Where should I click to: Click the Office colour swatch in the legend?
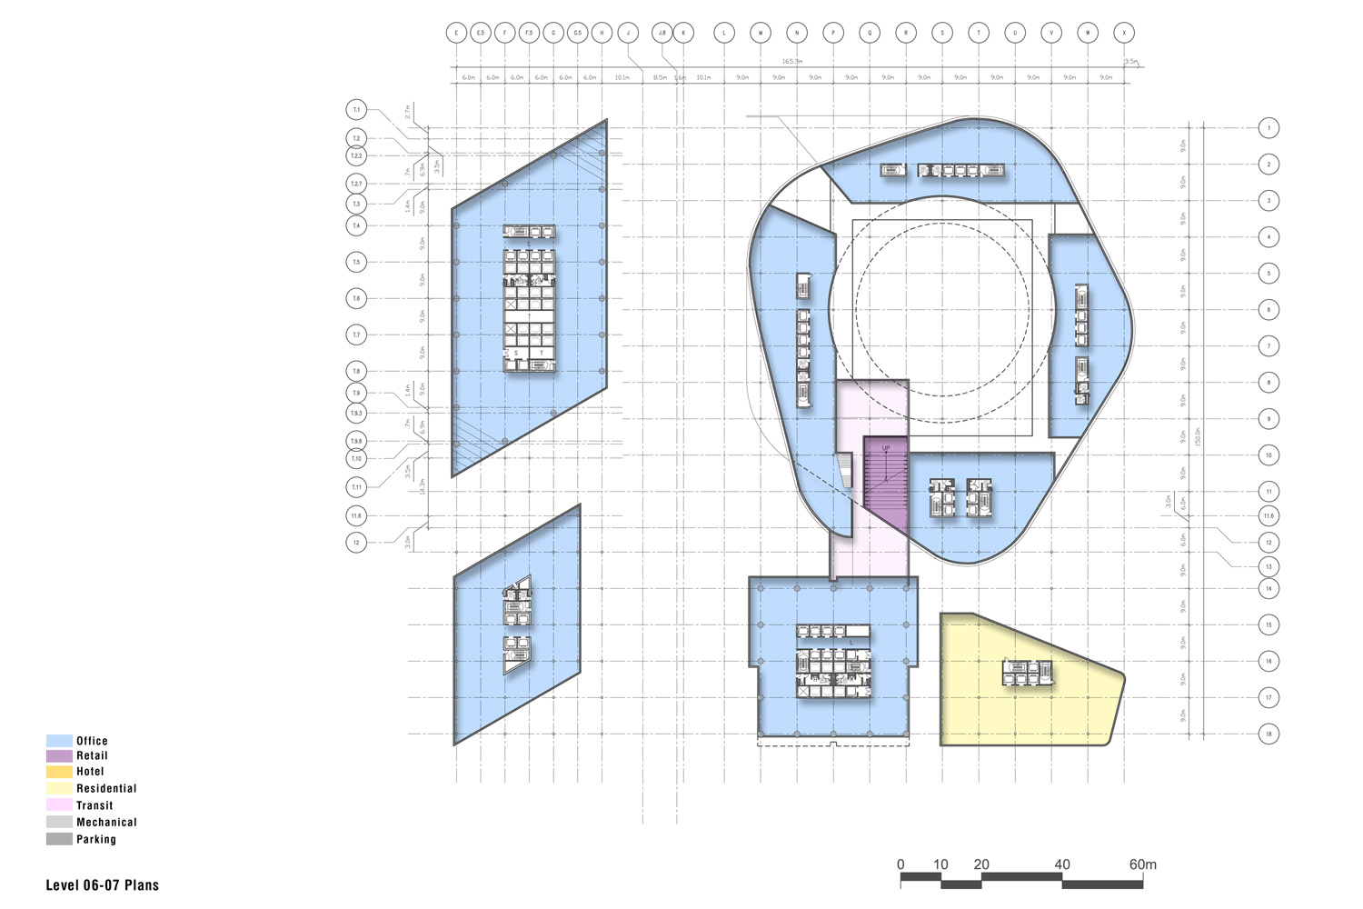click(x=59, y=741)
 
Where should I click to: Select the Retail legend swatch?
click(x=59, y=756)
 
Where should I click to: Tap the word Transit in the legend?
click(x=95, y=805)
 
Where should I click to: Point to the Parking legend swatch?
click(x=59, y=839)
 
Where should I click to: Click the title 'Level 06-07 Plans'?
click(x=102, y=884)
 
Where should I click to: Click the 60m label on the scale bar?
click(x=1142, y=864)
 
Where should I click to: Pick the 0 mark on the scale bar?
click(x=900, y=864)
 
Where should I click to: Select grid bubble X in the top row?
click(x=1125, y=33)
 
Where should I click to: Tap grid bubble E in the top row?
click(x=456, y=33)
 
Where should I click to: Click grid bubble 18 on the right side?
click(x=1269, y=734)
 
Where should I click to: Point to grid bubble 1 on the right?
click(x=1269, y=128)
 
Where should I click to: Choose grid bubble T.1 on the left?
click(x=356, y=110)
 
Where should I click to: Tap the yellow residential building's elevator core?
click(x=1028, y=673)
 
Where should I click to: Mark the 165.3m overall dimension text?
click(x=792, y=61)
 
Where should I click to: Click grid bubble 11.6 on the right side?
click(x=1269, y=515)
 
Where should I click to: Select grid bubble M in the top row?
click(x=761, y=33)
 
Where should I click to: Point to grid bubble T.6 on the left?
click(x=356, y=298)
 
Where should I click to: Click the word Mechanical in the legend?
click(x=106, y=823)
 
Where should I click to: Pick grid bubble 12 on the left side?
click(x=356, y=543)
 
